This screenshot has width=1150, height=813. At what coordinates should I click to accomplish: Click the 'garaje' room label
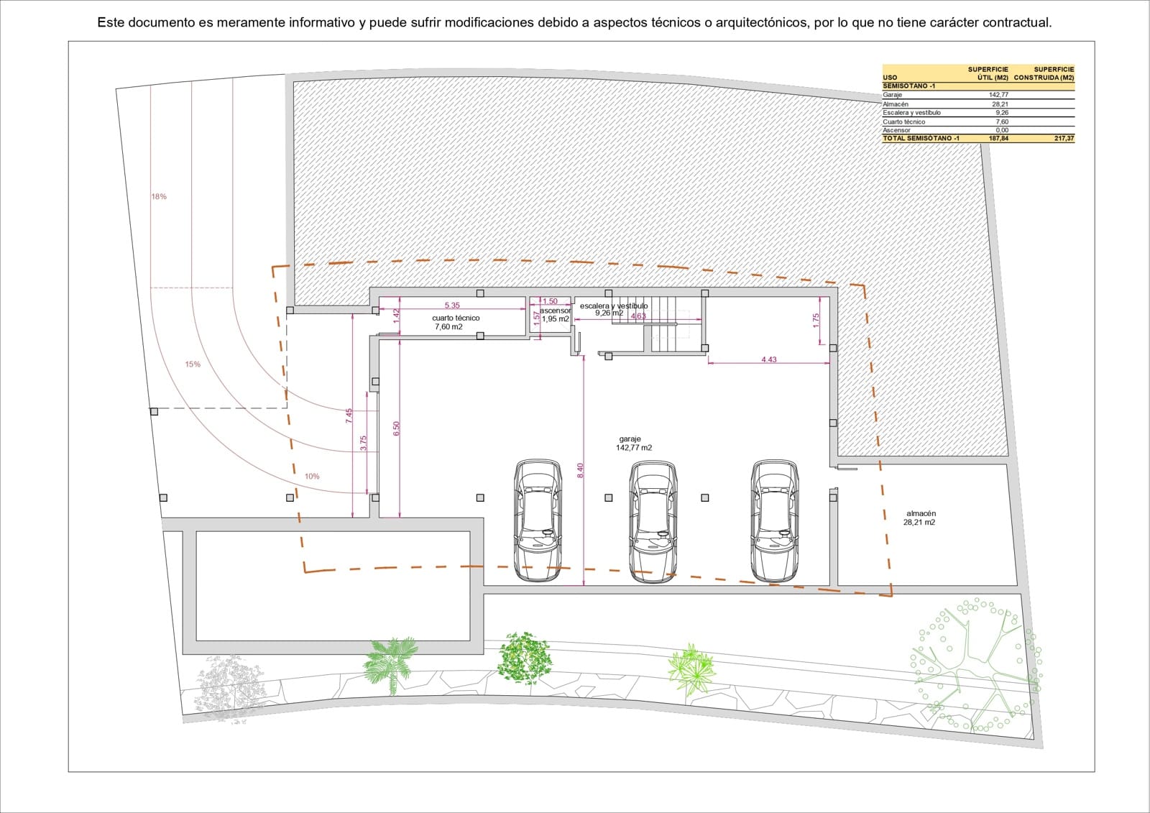point(630,439)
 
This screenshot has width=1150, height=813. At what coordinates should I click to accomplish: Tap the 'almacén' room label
point(921,514)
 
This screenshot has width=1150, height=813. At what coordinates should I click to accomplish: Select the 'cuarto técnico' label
point(456,318)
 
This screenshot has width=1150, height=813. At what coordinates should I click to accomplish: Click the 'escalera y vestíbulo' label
point(613,306)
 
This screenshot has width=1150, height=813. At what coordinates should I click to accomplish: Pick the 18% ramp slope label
point(159,196)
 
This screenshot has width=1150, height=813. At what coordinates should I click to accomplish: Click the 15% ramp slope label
point(193,364)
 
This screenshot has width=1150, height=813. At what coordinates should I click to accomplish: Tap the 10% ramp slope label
point(312,477)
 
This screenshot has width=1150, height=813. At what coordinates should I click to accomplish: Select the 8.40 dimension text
point(581,470)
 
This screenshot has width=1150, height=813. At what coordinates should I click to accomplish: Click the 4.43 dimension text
point(769,359)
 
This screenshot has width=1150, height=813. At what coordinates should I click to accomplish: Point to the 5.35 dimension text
point(452,306)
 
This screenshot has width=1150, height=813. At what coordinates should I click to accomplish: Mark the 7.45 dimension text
point(349,415)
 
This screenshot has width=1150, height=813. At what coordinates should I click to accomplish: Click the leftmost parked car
point(538,520)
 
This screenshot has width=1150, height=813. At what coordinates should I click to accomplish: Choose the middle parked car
point(653,521)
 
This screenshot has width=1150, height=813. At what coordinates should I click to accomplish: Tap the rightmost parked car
point(774,520)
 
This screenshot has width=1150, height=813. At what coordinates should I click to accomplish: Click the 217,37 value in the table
point(1064,138)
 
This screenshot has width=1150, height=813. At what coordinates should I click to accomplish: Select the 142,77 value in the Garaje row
point(998,95)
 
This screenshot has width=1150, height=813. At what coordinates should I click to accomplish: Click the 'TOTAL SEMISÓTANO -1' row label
point(921,138)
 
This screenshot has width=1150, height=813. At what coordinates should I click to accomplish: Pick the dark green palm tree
point(390,661)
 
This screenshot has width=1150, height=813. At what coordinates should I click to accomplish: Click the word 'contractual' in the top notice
point(1016,23)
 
